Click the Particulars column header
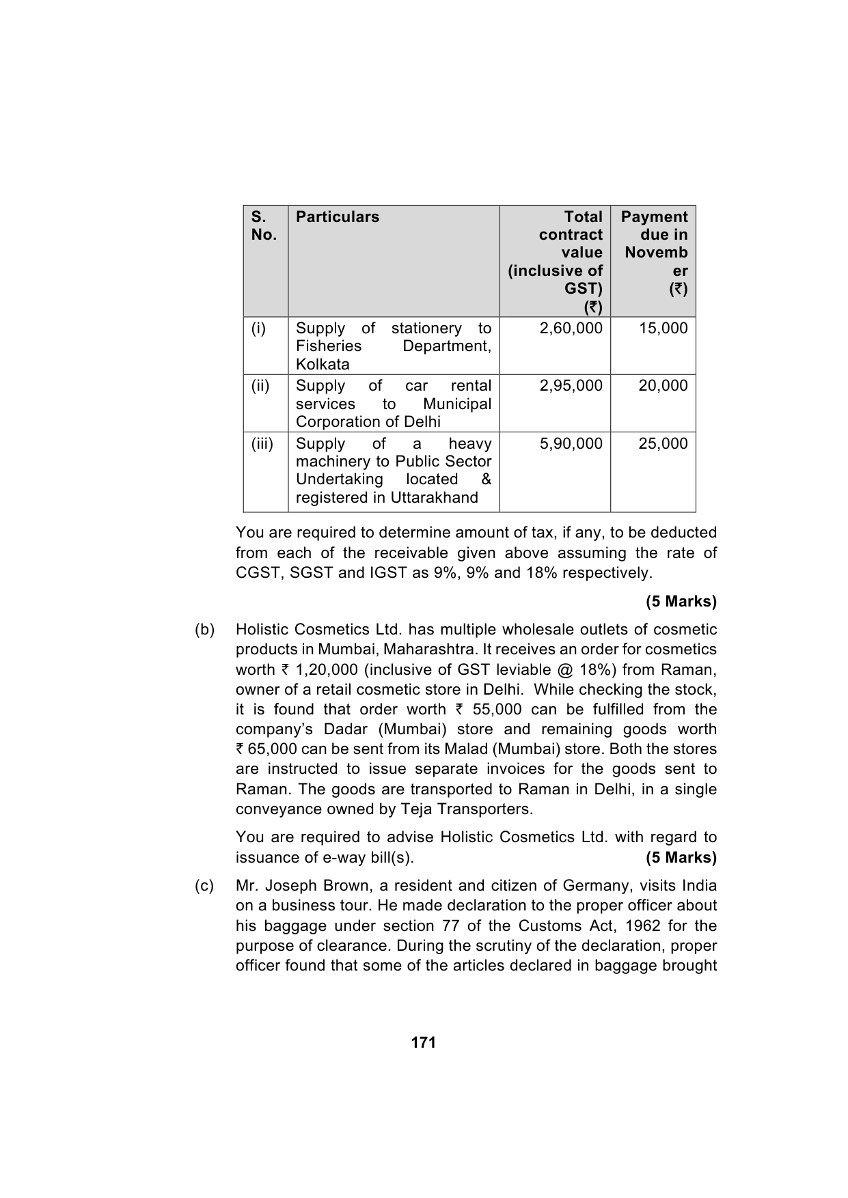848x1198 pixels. click(337, 217)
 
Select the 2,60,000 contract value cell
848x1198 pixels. click(571, 329)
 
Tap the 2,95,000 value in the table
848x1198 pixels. click(571, 386)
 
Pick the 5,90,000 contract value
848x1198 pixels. click(571, 444)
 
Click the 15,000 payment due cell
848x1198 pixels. click(663, 329)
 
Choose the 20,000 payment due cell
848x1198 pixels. click(663, 386)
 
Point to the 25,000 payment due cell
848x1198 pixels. click(663, 444)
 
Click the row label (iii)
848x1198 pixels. click(262, 444)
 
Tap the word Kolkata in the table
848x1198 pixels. click(323, 365)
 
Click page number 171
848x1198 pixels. click(424, 1043)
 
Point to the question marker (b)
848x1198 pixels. click(204, 630)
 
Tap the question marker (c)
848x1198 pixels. click(204, 886)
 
